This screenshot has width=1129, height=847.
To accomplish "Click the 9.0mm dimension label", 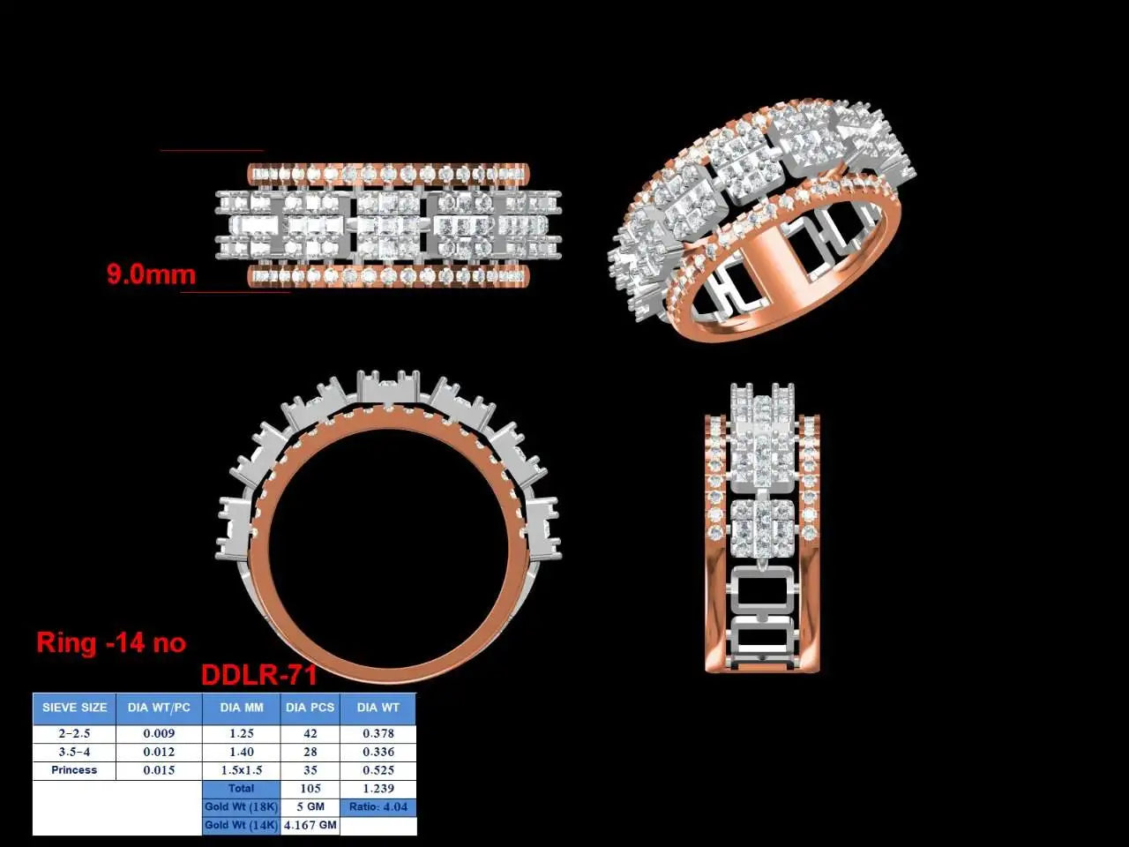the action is coord(151,274).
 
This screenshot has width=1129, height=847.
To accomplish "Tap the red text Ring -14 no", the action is coord(111,643).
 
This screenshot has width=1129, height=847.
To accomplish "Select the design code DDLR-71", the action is coord(258,675).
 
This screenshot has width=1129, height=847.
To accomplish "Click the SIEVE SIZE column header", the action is coord(75,708).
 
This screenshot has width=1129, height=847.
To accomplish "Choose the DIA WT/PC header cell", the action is coord(159,708).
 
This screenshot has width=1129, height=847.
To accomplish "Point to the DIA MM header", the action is coord(241,708).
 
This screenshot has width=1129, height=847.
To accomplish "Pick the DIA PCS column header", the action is coord(310,708).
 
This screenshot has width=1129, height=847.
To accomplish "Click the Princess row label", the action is coord(74,770).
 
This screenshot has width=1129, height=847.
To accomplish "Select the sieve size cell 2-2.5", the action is coord(74,733).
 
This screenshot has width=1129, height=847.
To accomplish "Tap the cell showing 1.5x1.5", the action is coord(241,770).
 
